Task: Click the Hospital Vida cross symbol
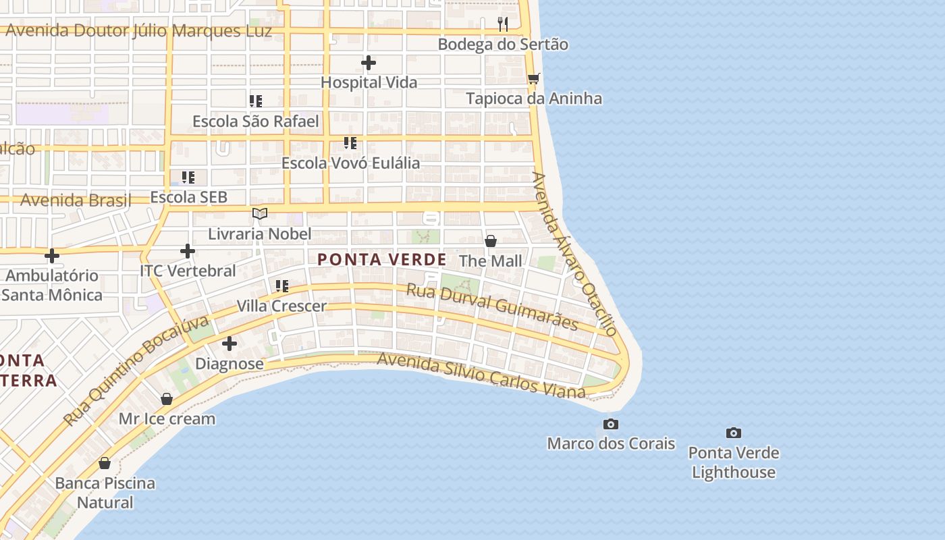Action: [x=369, y=63]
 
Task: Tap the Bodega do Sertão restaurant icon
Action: [x=503, y=24]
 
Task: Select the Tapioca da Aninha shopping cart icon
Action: [x=533, y=78]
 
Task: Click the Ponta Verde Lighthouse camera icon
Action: [x=734, y=433]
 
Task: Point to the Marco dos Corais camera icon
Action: [x=611, y=424]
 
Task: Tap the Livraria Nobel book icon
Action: [x=260, y=214]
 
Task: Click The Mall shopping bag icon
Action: [x=491, y=240]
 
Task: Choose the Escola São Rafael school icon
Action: [x=255, y=101]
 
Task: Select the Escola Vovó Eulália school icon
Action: [x=350, y=143]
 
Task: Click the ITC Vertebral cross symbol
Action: [x=188, y=251]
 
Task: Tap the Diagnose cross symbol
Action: [x=230, y=344]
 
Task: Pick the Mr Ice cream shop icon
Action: [x=167, y=399]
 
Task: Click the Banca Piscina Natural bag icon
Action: [x=105, y=463]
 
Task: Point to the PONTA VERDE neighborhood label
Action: [x=382, y=259]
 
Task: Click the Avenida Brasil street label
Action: [x=76, y=200]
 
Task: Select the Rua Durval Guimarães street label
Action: [x=492, y=307]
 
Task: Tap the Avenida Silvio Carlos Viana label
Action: [x=481, y=373]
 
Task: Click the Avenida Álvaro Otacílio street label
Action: [x=574, y=254]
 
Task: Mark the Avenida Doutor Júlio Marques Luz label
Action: [x=138, y=31]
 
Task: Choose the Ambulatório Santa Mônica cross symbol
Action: [x=52, y=256]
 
